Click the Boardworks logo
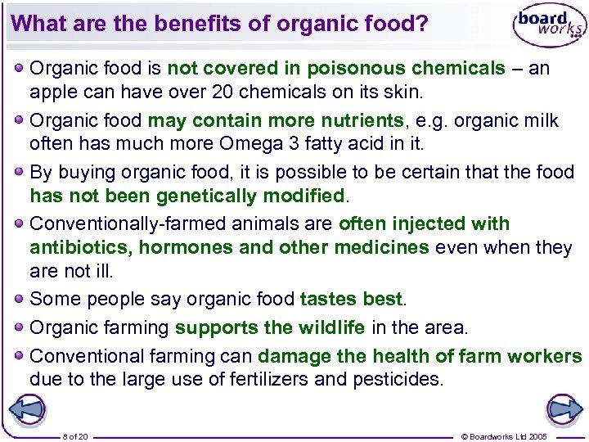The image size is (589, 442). (x=549, y=27)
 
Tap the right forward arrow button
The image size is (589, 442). (x=564, y=409)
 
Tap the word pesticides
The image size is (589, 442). (x=397, y=380)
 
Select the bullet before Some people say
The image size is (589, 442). (x=19, y=300)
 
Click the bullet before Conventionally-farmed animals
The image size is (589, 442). (x=19, y=223)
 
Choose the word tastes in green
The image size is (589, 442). (x=326, y=300)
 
